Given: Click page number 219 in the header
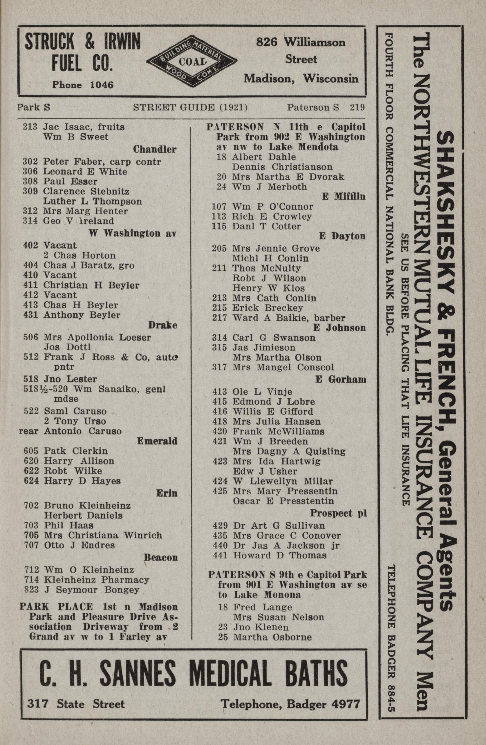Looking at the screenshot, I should click(357, 108).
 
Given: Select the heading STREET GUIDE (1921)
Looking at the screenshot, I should click(190, 108).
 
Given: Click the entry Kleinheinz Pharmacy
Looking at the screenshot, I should click(96, 580).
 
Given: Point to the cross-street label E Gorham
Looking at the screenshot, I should click(341, 379).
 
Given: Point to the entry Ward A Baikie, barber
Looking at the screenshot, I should click(288, 318).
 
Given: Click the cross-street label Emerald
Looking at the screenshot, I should click(157, 441).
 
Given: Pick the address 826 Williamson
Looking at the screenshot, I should click(301, 42).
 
